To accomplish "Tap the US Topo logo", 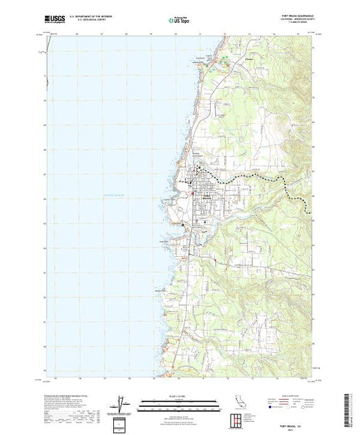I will pos(180,21).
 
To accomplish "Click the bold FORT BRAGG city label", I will pos(205,197).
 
